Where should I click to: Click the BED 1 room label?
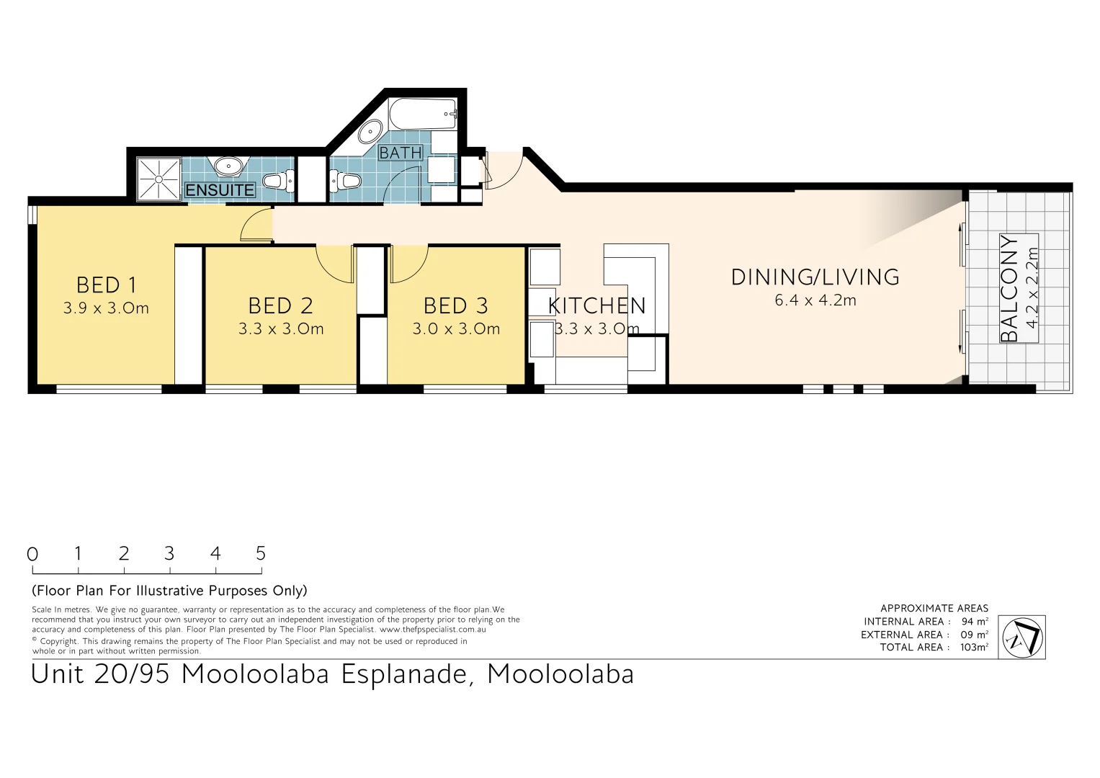[x=106, y=285]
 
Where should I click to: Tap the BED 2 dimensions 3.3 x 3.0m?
[x=281, y=329]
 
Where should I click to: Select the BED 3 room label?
[x=455, y=306]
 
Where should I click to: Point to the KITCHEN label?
[x=596, y=306]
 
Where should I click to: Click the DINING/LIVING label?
[x=815, y=277]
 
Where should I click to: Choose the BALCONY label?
[x=1010, y=288]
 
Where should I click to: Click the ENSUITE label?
[x=220, y=190]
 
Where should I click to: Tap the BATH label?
[x=401, y=153]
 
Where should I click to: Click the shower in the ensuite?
[x=158, y=179]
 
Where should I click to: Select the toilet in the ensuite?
[x=277, y=180]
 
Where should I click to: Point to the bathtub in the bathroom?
[x=424, y=114]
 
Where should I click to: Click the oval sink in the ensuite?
[x=228, y=166]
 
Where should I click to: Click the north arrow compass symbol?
[x=1023, y=637]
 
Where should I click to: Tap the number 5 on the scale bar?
[x=261, y=553]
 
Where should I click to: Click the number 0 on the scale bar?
[x=32, y=554]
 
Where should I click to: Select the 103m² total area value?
[x=974, y=647]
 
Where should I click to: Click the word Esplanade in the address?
[x=407, y=674]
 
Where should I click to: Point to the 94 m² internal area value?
[x=974, y=621]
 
